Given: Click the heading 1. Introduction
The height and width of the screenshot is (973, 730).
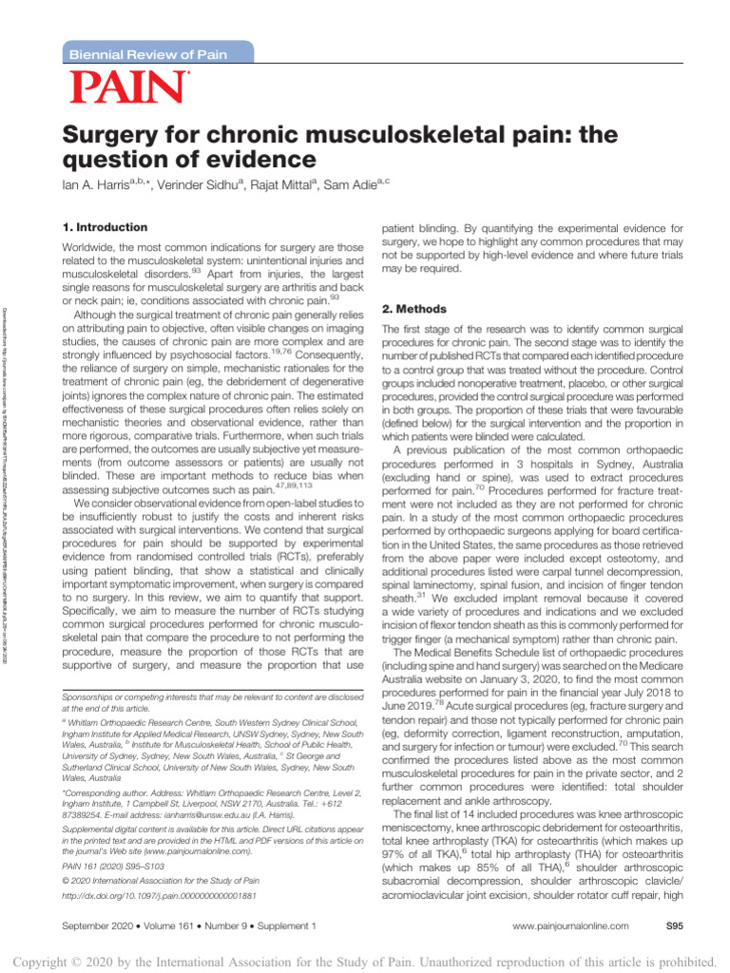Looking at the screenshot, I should [105, 228].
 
